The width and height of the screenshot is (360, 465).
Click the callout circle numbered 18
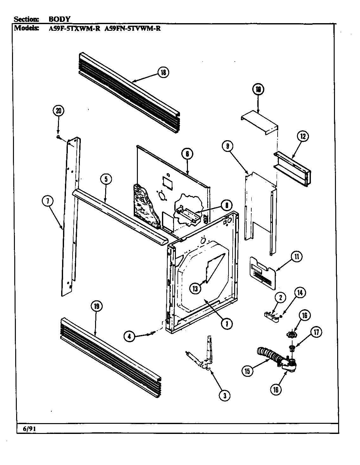[x=163, y=73]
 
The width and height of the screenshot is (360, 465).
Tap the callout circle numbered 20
[x=58, y=111]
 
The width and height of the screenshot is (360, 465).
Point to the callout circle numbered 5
[x=106, y=179]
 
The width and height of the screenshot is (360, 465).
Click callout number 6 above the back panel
[x=187, y=154]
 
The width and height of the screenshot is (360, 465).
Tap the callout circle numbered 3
[x=225, y=395]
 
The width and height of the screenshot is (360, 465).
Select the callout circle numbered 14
[x=300, y=292]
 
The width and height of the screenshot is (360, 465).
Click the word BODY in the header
[x=59, y=19]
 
